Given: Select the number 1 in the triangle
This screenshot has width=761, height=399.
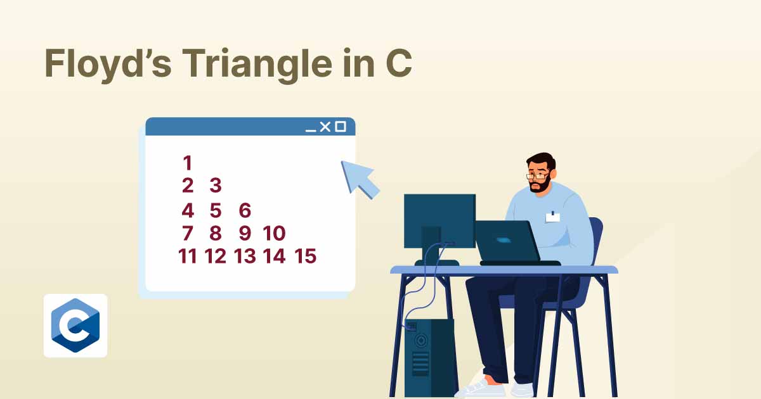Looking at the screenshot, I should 187,163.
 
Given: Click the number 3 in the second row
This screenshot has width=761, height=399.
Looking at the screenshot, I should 216,186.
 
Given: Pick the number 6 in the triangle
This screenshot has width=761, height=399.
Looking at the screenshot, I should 245,210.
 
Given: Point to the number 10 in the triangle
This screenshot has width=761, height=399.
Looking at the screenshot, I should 274,234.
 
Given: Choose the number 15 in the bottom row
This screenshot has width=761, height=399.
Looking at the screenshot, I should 305,256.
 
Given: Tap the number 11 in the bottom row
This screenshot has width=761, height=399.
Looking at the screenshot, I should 188,256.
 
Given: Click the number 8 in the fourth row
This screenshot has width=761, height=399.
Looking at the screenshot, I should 216,234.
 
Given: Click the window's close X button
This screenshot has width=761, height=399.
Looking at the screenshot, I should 325,127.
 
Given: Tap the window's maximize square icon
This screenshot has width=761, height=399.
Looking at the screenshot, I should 341,127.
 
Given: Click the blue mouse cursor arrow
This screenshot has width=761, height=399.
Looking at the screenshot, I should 360,178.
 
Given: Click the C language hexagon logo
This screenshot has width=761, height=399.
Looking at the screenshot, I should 75,326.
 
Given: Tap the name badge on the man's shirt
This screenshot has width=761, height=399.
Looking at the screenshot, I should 552,217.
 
